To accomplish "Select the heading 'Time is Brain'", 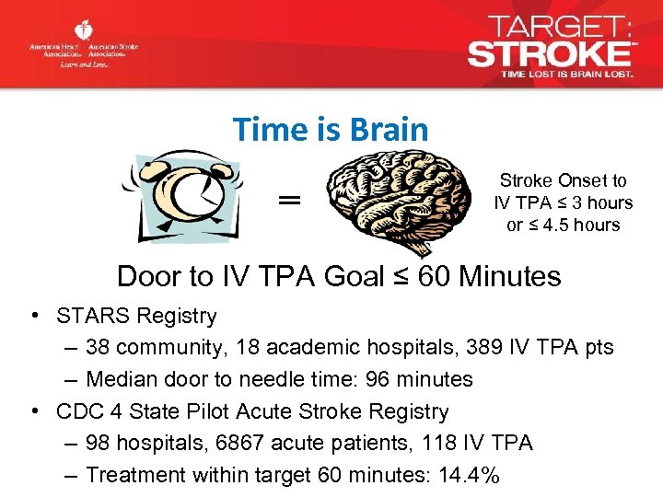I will (331, 130).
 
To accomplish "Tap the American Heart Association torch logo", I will (85, 31).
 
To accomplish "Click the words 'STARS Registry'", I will (136, 316).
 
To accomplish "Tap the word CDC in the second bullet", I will (77, 411).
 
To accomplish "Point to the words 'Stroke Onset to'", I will (563, 181).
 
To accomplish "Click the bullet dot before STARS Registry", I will (33, 316).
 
